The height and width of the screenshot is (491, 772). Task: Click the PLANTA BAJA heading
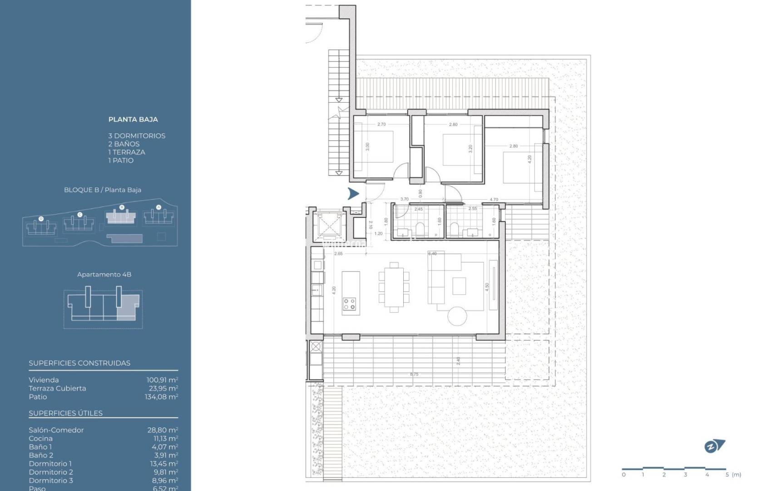tap(133, 120)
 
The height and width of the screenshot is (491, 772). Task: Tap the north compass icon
tap(714, 446)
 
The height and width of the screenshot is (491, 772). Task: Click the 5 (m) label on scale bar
tap(733, 475)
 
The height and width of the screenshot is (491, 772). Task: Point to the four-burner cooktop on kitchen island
tap(350, 304)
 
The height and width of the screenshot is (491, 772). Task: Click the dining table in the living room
tap(394, 287)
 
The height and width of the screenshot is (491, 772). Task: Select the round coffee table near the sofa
tap(457, 315)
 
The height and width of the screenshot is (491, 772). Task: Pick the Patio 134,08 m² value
tap(161, 397)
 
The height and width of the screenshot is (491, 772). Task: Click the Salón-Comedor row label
tap(56, 430)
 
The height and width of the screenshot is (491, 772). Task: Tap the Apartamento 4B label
tap(104, 275)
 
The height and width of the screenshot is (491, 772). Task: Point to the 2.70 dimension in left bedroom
tap(381, 124)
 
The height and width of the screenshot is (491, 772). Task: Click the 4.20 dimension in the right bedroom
tap(530, 160)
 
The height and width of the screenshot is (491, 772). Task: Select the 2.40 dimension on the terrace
tap(458, 361)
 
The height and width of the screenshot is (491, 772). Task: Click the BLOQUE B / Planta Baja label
tap(102, 190)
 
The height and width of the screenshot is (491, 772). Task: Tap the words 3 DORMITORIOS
tap(137, 136)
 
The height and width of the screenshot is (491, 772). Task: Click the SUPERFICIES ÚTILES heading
tap(65, 413)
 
